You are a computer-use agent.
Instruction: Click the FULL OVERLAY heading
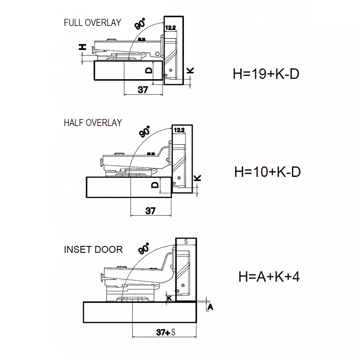(92, 23)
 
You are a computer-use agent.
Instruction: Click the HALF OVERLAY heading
(93, 122)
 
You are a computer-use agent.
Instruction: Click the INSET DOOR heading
(93, 249)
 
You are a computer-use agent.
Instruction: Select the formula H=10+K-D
(267, 172)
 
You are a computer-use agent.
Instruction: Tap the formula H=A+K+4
(269, 277)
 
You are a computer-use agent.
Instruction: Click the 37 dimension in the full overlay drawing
(143, 90)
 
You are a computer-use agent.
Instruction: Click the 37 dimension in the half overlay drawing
(150, 211)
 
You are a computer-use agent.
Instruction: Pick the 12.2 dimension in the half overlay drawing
(179, 130)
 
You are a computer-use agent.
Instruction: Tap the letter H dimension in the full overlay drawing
(82, 47)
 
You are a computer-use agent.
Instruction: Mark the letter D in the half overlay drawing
(155, 185)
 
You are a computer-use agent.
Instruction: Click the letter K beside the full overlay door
(191, 71)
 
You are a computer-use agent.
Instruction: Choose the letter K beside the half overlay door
(197, 178)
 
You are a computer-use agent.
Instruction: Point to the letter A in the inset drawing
(211, 307)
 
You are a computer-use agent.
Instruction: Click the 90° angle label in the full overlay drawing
(140, 24)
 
